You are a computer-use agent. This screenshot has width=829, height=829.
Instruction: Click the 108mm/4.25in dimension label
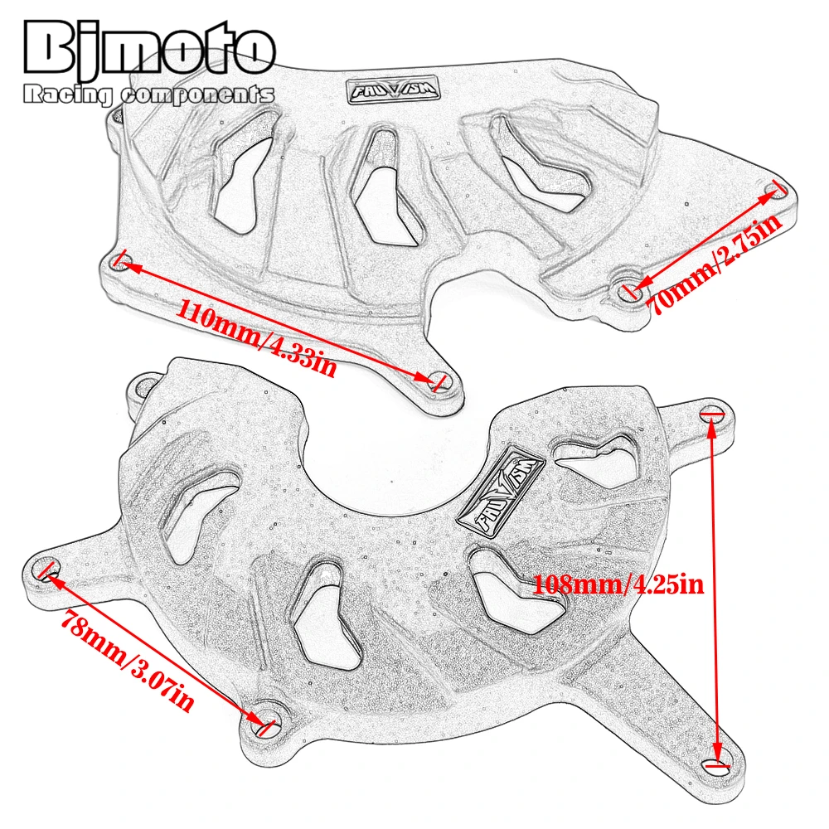618,584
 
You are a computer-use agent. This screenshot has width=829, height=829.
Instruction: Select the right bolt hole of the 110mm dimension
439,381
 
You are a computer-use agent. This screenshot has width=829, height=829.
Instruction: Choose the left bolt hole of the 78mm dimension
48,570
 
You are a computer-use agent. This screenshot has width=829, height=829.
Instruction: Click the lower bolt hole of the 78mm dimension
265,726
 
